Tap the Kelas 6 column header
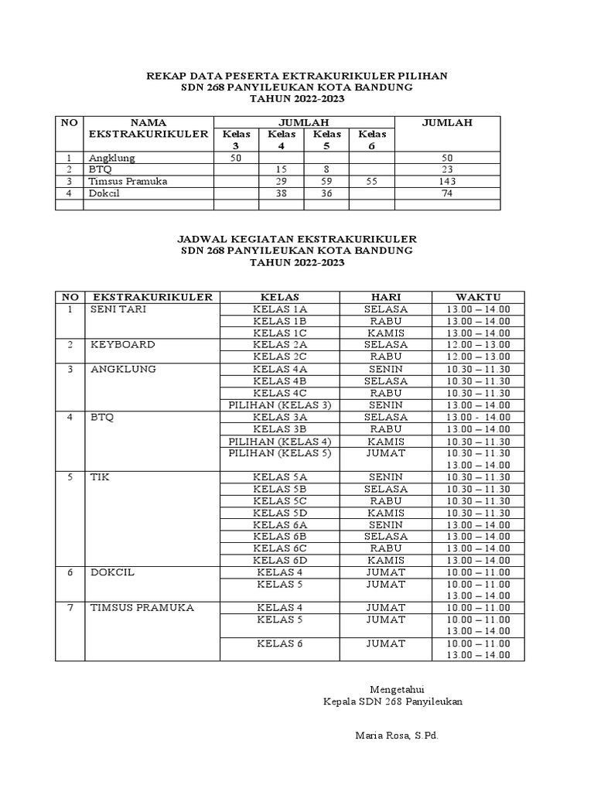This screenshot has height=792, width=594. [x=372, y=140]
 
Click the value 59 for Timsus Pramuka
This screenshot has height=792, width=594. [x=325, y=181]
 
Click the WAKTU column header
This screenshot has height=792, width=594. [x=478, y=297]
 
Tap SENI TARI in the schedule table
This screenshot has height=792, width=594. [x=118, y=309]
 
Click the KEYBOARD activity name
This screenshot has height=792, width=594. [x=122, y=344]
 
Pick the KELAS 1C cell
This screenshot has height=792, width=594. [x=280, y=333]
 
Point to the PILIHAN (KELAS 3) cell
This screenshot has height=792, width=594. [x=280, y=405]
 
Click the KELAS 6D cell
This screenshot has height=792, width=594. [x=280, y=560]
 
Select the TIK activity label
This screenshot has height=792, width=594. [x=100, y=477]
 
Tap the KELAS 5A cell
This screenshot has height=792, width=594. [x=280, y=477]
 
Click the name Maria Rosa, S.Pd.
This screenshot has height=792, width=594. [x=397, y=735]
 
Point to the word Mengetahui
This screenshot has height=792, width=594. [x=397, y=689]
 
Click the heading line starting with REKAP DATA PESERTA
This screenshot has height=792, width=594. [x=297, y=76]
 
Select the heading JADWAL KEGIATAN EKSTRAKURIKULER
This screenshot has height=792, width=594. [x=297, y=239]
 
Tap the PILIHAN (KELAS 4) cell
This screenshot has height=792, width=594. [x=280, y=441]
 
